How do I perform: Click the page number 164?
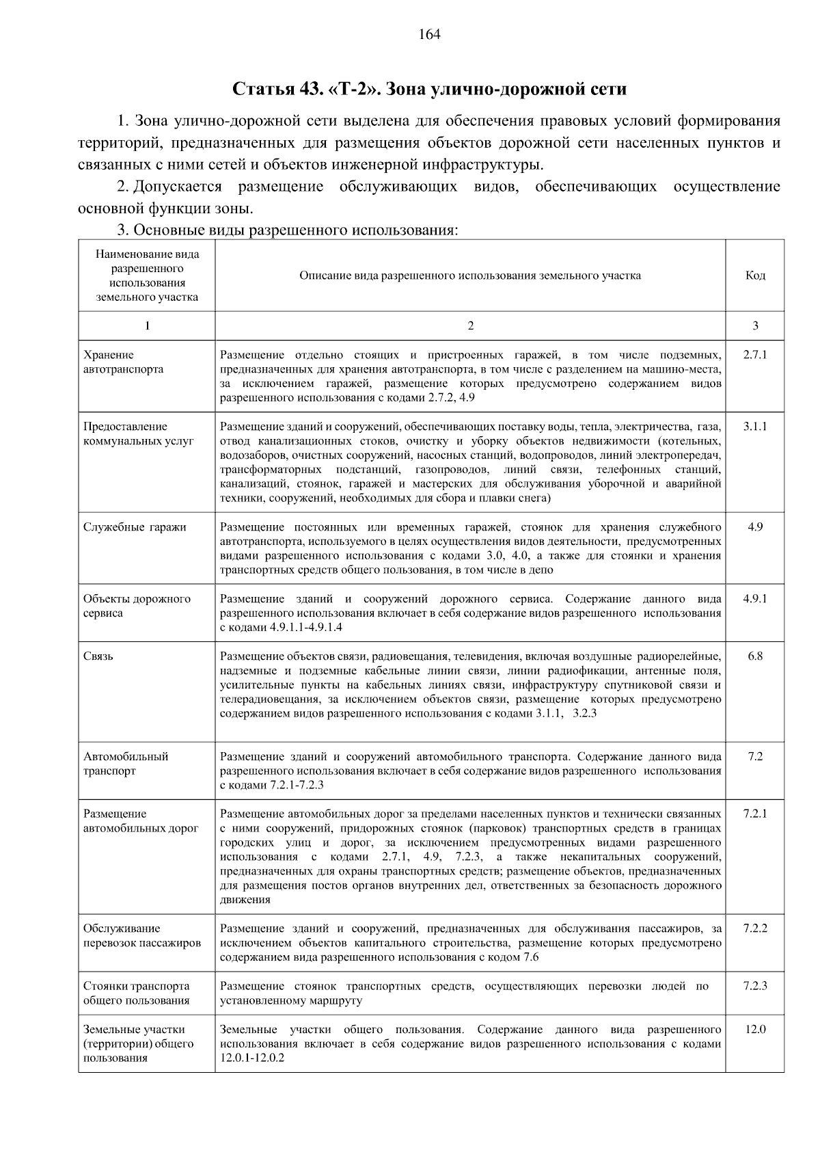[x=430, y=34]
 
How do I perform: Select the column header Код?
[x=755, y=276]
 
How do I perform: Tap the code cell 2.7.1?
[x=755, y=355]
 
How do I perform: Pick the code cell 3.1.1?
[x=755, y=427]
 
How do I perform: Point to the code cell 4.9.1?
[x=755, y=599]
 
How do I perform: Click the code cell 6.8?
[x=755, y=656]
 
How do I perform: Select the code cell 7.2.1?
[x=755, y=814]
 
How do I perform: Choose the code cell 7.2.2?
[x=755, y=929]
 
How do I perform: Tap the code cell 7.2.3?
[x=755, y=986]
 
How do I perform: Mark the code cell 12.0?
[x=755, y=1029]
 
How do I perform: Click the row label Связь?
[x=98, y=656]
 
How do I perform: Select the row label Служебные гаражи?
[x=135, y=527]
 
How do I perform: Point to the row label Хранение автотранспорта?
[x=123, y=362]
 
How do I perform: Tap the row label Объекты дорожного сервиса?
[x=137, y=606]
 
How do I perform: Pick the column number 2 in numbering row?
[x=470, y=326]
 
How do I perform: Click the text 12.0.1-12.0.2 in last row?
[x=252, y=1058]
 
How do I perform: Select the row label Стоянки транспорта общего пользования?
[x=136, y=993]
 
